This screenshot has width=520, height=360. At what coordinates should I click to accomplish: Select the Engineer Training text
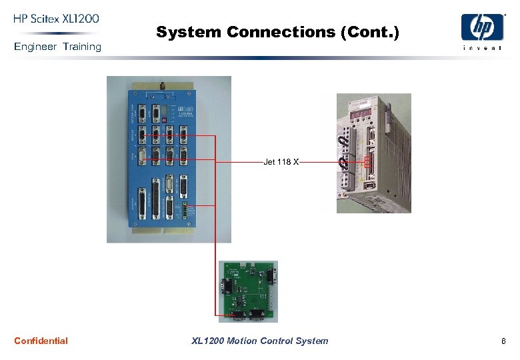57,47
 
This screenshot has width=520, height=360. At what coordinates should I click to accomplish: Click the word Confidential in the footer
41,341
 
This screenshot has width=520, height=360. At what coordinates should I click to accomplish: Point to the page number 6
503,341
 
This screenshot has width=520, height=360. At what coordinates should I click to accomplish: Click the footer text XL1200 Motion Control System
259,341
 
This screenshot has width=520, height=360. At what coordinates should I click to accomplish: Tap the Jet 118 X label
281,162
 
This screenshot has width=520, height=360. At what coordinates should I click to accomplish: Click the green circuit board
248,290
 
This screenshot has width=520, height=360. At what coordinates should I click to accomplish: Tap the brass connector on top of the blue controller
161,86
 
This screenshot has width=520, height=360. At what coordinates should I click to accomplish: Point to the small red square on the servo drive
367,162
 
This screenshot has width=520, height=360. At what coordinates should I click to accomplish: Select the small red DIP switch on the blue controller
163,120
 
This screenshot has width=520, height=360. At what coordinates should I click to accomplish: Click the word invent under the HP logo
483,47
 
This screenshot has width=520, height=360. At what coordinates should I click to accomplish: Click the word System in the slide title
189,32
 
